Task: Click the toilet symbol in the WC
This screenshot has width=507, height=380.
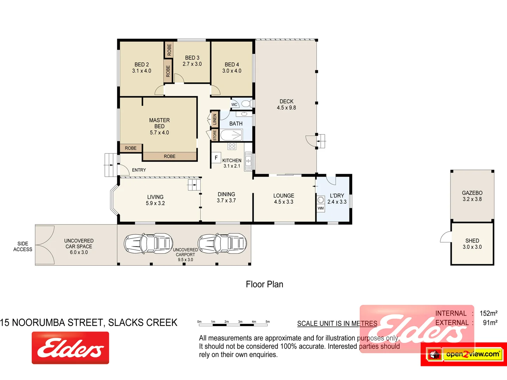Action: pos(246,104)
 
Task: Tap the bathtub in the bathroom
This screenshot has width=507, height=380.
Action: pos(231,135)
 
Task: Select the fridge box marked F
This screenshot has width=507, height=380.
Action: pos(216,158)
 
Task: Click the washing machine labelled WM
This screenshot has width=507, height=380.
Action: pos(320,208)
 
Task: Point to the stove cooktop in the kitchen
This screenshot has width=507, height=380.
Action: pos(232,146)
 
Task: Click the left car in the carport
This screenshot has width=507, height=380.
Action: pos(148,243)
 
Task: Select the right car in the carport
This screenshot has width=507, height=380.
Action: pos(222,243)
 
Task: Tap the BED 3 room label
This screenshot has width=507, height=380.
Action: pos(192,58)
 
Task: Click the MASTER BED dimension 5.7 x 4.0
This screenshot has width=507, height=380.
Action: pos(159,133)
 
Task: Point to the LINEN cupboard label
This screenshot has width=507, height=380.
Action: pos(214,119)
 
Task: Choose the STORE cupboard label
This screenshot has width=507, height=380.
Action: pos(215,135)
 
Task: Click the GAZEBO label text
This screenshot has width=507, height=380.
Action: pos(472,193)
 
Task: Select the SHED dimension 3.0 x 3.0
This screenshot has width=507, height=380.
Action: pos(472,247)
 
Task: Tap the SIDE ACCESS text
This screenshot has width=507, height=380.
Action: pos(23,246)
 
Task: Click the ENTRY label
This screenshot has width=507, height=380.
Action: pos(139,170)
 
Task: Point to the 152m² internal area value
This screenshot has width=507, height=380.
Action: pos(488,313)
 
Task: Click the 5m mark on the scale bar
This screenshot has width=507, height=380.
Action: pos(268,322)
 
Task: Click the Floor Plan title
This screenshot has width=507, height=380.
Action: pos(264,284)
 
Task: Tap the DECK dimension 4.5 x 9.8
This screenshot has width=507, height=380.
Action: pos(286,108)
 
